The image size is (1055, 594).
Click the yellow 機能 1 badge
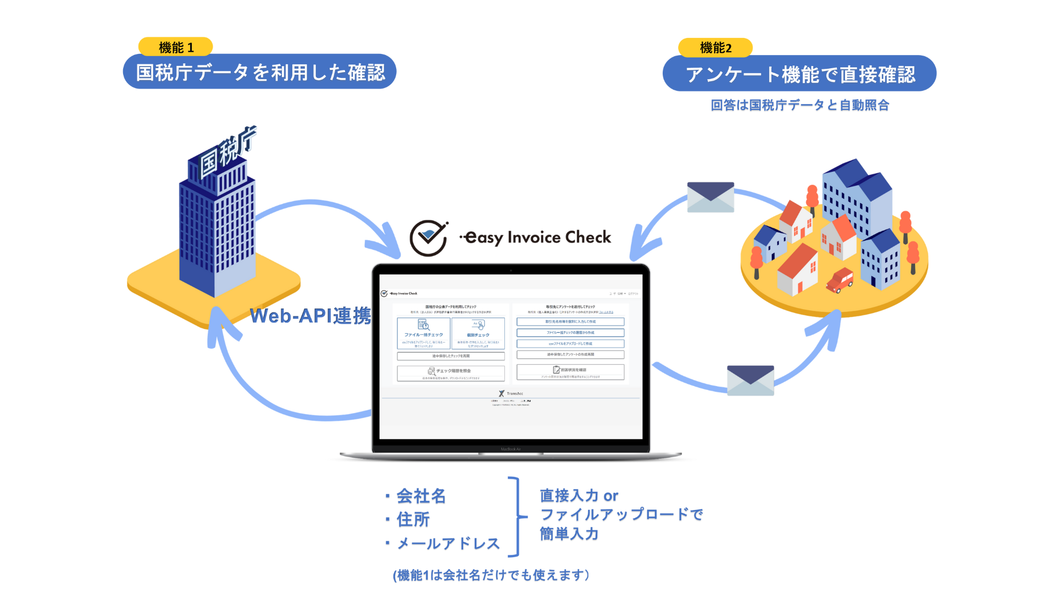(175, 47)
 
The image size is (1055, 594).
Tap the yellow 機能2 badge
(715, 48)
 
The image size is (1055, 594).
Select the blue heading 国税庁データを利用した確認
(259, 72)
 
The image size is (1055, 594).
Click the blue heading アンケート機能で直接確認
(799, 74)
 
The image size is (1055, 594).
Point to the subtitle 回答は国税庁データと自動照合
(799, 105)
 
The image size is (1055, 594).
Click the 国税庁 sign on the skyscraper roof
(227, 152)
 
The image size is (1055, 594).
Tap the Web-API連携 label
(310, 316)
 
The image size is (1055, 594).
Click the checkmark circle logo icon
(429, 238)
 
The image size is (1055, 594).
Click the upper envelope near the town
(710, 197)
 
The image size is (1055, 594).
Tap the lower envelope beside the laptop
(750, 380)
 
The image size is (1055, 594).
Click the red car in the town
(840, 280)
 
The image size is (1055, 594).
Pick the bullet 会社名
(421, 496)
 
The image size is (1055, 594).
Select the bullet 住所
(413, 519)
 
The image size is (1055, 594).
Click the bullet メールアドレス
(448, 543)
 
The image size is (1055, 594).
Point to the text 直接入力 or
(579, 496)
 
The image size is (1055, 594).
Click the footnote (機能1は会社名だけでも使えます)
(491, 575)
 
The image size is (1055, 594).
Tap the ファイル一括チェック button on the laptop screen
(423, 333)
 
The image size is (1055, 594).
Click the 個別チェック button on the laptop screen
(478, 333)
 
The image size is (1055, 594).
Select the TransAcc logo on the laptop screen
(511, 393)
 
